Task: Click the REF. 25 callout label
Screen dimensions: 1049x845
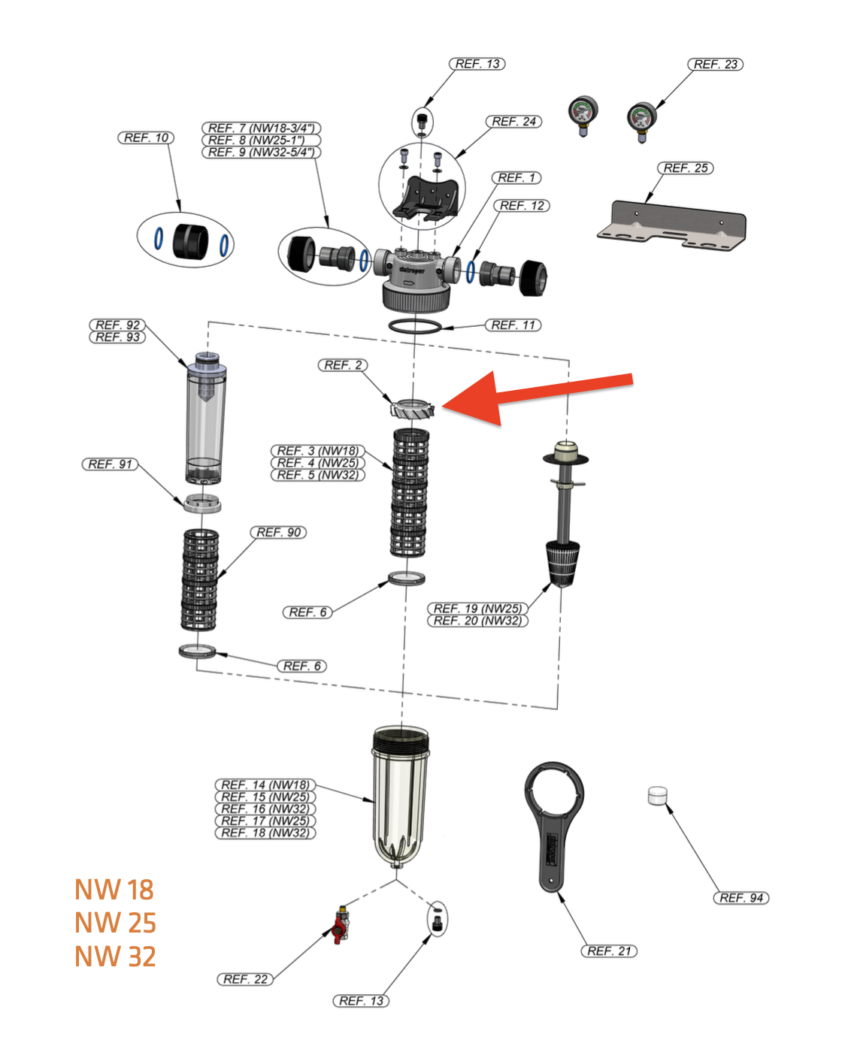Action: [x=685, y=168]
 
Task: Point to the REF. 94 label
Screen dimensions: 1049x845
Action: [x=741, y=898]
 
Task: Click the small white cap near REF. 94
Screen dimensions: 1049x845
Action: [x=657, y=795]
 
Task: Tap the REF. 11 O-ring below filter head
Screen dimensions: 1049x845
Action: [x=415, y=326]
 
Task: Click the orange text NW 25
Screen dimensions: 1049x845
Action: [x=115, y=923]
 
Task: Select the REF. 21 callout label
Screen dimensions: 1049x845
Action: [x=609, y=951]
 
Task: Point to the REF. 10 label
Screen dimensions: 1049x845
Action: [x=146, y=138]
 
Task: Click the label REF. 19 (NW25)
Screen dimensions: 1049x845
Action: [x=477, y=609]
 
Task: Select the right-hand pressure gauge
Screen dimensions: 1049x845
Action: [x=641, y=119]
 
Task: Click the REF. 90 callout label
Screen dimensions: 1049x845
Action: [x=278, y=533]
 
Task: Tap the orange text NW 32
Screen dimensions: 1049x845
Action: [x=115, y=957]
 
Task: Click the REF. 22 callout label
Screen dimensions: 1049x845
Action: [x=245, y=979]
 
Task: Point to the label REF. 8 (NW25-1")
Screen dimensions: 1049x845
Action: [x=261, y=141]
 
